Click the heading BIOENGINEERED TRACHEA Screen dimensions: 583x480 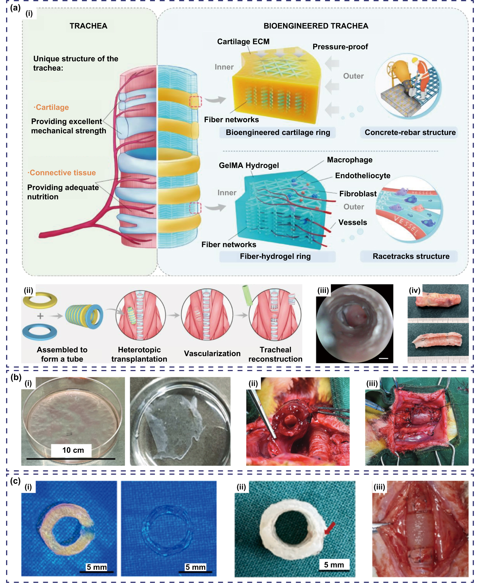pos(316,26)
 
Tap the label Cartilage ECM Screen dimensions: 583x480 pos(243,42)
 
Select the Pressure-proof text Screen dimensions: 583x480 pos(340,47)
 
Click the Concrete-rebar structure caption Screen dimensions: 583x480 pos(410,132)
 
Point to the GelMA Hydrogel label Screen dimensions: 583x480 pos(249,165)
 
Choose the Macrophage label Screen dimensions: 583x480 pos(349,160)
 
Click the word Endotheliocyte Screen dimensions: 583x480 pos(362,176)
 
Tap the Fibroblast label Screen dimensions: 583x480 pos(358,194)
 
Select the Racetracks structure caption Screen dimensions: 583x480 pos(411,256)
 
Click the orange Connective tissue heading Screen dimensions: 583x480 pos(62,173)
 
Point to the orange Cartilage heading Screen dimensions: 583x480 pos(51,107)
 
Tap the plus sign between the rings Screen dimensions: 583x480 pos(40,316)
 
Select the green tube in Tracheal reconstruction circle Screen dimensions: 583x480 pos(247,296)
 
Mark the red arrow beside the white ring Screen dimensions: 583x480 pos(330,528)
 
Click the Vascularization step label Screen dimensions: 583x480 pos(212,354)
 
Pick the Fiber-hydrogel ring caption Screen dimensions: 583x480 pos(275,256)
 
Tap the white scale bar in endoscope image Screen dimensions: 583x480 pos(383,359)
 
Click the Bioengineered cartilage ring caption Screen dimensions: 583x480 pos(278,132)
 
